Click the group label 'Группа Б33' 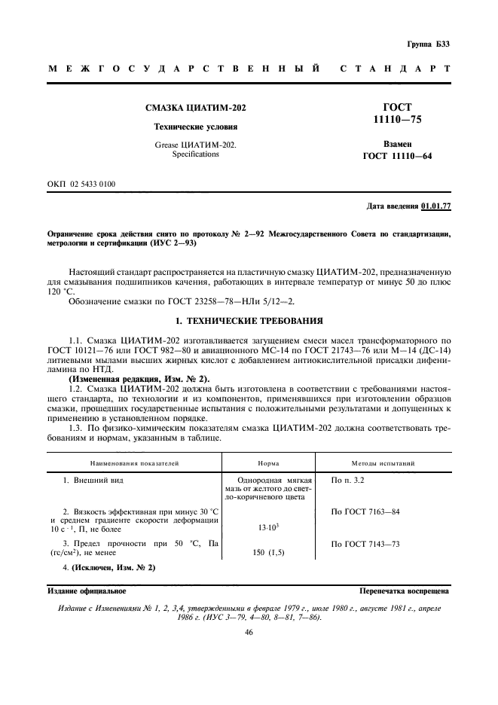[430, 44]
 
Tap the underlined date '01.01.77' [435, 206]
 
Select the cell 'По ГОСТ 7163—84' [365, 512]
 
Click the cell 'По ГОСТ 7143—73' [365, 543]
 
